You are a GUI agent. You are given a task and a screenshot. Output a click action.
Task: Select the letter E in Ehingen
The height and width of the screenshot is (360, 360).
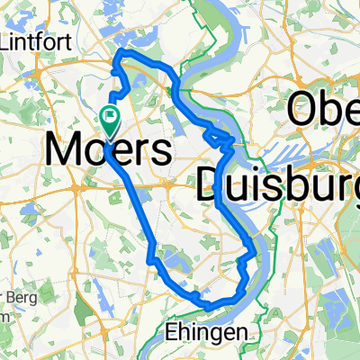[x=171, y=332]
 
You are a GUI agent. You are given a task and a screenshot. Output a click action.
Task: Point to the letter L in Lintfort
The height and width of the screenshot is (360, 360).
[x=9, y=41]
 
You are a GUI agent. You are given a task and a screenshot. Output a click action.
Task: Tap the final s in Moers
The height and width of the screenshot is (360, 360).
[x=162, y=150]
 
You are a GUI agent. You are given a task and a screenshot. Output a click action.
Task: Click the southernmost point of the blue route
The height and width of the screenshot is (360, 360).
[x=208, y=307]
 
